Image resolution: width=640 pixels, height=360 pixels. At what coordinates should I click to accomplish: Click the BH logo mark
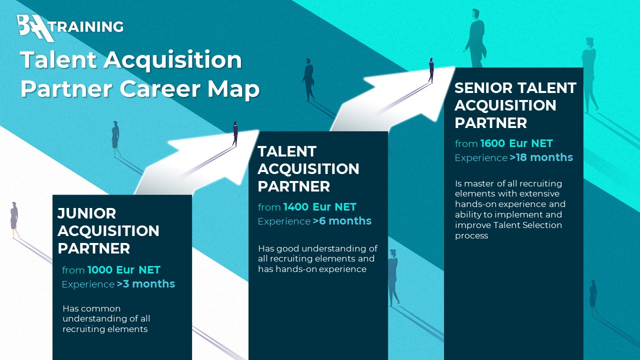click(x=35, y=28)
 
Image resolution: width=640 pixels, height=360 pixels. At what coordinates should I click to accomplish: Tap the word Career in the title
click(x=160, y=89)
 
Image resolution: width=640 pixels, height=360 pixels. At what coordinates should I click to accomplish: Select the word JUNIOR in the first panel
click(x=86, y=213)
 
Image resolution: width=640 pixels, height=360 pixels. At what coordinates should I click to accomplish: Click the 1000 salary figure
click(x=100, y=270)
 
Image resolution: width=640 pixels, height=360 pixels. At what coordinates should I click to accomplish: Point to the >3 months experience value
click(x=145, y=284)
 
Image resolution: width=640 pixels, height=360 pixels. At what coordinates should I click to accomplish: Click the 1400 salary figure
click(x=296, y=207)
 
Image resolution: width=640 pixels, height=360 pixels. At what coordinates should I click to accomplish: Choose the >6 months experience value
click(x=342, y=221)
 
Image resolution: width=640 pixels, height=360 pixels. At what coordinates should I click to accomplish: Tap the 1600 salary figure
click(x=493, y=143)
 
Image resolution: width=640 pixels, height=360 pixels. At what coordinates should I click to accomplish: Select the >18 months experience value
click(x=541, y=157)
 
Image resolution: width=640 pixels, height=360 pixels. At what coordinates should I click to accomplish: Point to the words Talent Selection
click(x=527, y=225)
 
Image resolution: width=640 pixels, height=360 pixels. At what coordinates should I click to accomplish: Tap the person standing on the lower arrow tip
click(x=235, y=133)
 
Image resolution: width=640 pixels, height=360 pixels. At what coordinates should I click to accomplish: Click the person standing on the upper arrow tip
click(x=431, y=70)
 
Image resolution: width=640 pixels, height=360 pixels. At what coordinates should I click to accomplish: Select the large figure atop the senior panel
click(x=475, y=38)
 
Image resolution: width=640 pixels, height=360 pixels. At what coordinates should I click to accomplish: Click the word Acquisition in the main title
click(x=172, y=60)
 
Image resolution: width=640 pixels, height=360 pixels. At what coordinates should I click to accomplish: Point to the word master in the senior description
click(x=479, y=183)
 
